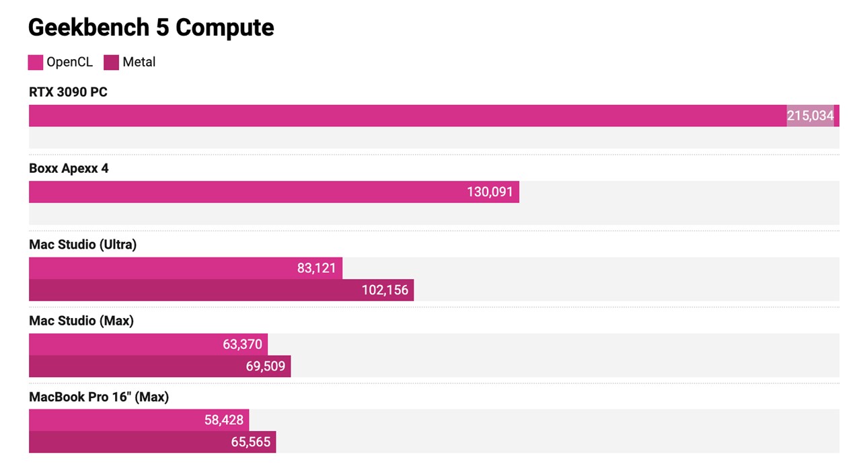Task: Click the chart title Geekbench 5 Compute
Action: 151,28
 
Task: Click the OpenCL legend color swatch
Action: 35,63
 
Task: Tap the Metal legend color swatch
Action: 111,63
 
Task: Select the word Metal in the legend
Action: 139,62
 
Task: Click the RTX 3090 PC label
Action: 68,91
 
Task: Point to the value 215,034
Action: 810,116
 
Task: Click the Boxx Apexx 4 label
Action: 69,168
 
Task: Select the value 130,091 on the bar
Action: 490,192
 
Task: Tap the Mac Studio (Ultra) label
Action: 83,244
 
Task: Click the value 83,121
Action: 316,268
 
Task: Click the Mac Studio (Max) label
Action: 81,321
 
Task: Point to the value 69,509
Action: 265,366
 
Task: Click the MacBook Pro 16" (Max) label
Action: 99,397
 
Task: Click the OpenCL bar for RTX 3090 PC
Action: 404,116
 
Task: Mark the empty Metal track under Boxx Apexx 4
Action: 434,214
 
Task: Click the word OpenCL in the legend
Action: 69,62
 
